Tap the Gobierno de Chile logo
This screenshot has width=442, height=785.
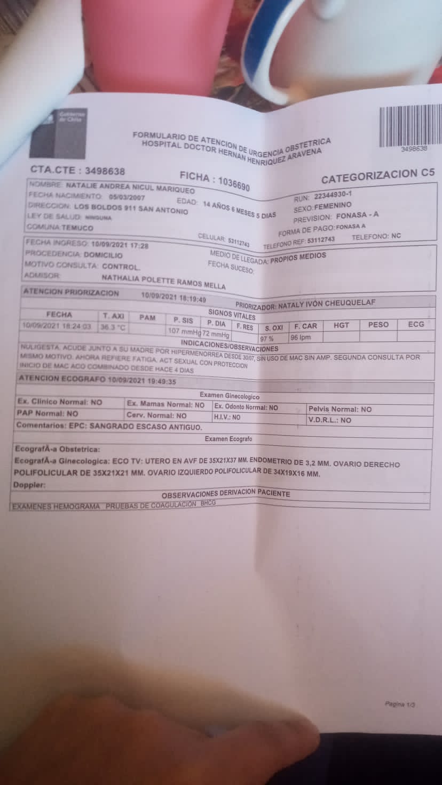[65, 133]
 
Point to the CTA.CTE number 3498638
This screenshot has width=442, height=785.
[100, 171]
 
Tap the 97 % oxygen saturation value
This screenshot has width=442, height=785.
[266, 339]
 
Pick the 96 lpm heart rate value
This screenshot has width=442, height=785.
[300, 338]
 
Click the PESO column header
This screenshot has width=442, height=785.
[378, 324]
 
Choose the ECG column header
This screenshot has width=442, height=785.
[416, 324]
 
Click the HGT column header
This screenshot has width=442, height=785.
[341, 325]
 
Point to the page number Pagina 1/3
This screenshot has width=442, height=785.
[400, 704]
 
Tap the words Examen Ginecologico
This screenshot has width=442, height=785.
[230, 396]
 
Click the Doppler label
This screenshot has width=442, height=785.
[29, 485]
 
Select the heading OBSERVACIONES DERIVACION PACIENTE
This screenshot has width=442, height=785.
[225, 494]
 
